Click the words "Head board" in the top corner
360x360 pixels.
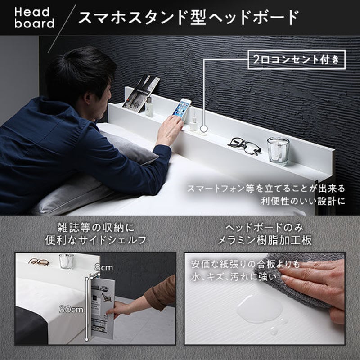pos(34,17)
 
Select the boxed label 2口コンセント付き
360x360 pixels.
pos(297,59)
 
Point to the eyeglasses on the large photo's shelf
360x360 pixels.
pos(244,146)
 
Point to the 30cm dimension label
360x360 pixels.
pos(72,310)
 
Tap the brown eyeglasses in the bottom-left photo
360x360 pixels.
pos(39,261)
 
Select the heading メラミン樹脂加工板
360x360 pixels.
pos(265,240)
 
